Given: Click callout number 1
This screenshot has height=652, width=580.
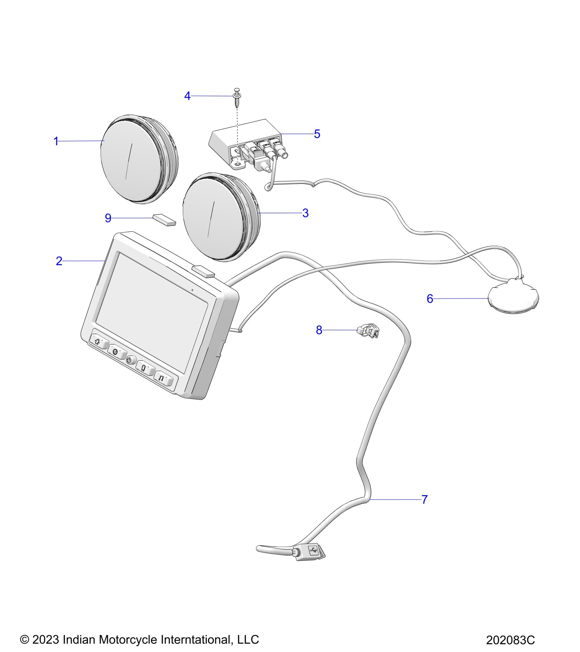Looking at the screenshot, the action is coord(56,141).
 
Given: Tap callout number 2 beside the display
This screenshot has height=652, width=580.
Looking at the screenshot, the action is coord(59,261).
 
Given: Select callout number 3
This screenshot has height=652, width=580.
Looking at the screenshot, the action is coord(305,213).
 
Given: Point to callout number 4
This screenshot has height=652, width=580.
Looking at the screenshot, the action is coord(187,96).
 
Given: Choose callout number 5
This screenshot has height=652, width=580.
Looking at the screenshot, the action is coord(317,134).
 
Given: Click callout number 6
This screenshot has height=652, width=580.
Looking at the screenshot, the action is coord(430,299).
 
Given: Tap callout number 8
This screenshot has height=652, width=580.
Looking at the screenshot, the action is coord(319,330).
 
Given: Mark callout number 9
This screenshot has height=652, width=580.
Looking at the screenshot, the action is coord(108,218).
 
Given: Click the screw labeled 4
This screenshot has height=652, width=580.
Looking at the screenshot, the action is coord(236,99).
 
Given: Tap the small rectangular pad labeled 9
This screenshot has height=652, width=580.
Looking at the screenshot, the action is coord(164,220).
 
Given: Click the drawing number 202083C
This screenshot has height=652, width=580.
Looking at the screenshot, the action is coord(510,640).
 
